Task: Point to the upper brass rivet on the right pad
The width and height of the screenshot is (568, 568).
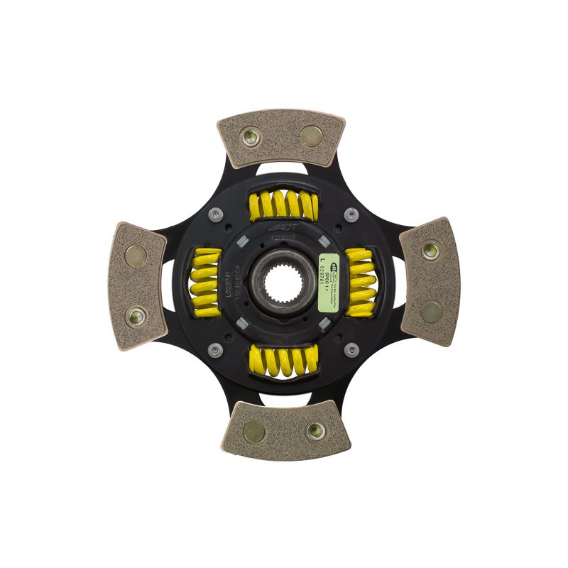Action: coord(430,250)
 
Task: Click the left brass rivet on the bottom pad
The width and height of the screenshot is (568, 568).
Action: coord(252,428)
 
